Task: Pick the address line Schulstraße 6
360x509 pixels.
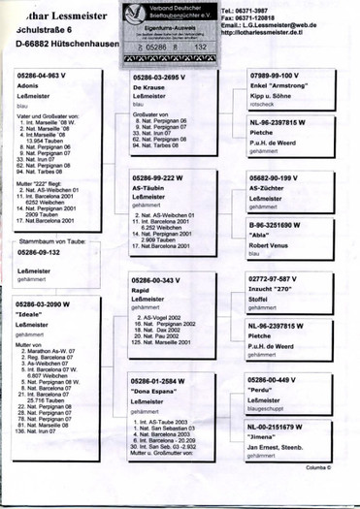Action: pyautogui.click(x=38, y=29)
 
